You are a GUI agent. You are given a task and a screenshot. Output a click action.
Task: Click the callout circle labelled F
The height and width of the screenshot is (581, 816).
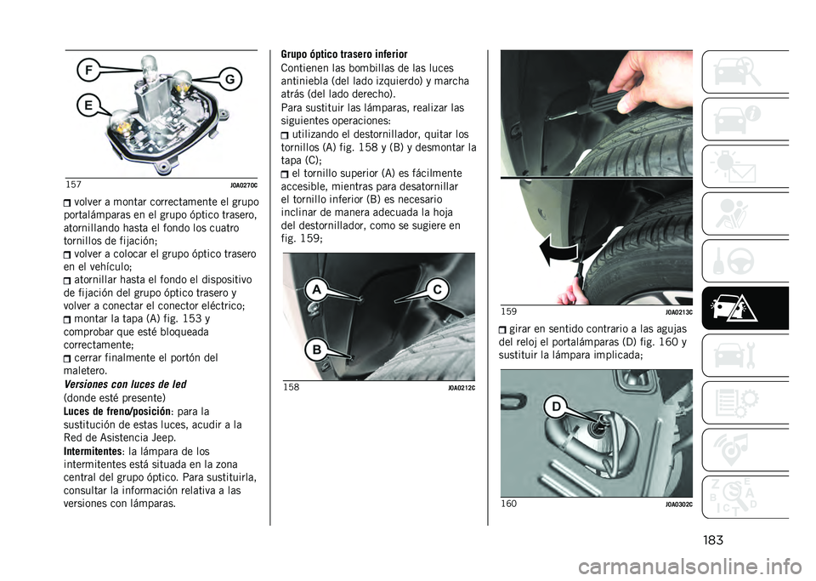[x=89, y=71]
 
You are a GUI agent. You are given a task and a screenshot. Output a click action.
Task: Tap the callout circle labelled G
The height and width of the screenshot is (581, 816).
[x=229, y=80]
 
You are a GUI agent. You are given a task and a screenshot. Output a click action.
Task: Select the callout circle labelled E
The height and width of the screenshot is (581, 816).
[x=88, y=105]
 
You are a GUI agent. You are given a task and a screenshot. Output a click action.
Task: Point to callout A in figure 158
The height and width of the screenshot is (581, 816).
[x=317, y=289]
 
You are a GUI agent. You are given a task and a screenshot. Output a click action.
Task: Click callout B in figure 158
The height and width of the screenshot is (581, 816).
[x=316, y=350]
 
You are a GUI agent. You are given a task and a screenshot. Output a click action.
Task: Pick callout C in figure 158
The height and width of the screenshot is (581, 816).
[x=438, y=289]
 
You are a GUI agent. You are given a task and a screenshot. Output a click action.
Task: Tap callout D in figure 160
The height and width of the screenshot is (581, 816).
[x=556, y=407]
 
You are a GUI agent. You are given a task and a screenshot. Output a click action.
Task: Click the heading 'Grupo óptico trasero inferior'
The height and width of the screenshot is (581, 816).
[x=344, y=54]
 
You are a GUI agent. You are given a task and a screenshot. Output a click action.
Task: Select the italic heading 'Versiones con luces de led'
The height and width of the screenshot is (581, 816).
[x=125, y=384]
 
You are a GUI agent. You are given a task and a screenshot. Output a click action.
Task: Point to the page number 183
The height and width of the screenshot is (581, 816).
[x=712, y=540]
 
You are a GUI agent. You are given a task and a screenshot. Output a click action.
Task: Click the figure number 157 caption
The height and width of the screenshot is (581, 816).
[x=73, y=185]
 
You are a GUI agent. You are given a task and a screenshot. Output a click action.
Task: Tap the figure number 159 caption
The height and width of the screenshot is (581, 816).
[x=508, y=311]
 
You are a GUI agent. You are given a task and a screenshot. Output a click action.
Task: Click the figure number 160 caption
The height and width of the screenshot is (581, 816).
[x=508, y=504]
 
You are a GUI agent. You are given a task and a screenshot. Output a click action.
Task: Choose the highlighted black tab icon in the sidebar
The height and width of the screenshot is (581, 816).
[x=745, y=308]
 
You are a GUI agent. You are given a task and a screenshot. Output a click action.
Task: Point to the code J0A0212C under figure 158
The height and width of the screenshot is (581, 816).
[x=461, y=388]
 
